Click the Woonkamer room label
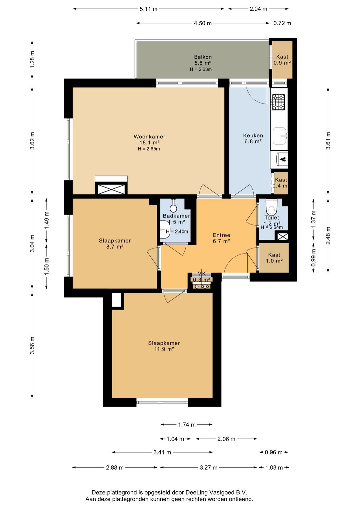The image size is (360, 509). point(149,136)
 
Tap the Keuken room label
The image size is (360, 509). point(253,135)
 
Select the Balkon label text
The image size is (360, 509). point(203,57)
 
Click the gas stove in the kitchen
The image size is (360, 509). point(278,102)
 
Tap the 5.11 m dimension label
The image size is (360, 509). point(148,9)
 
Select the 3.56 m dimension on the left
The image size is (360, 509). point(32,345)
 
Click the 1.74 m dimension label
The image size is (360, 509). point(187,425)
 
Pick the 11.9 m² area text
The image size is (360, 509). point(164,349)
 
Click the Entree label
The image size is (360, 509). point(221,235)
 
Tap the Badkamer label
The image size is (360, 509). point(176,216)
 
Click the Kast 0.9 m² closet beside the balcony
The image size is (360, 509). point(282,60)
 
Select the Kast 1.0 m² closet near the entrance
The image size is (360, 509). point(274,258)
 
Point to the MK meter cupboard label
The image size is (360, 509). point(201,274)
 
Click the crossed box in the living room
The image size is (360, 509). point(111,188)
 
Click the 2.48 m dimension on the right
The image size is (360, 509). point(328,235)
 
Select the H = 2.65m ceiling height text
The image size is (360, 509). point(149,149)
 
